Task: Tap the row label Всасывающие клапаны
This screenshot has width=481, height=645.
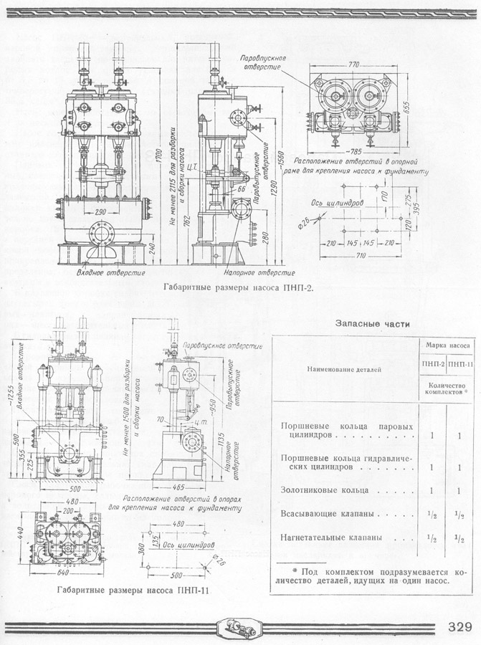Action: pos(327,514)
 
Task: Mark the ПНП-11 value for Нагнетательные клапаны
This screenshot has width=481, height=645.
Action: pos(462,537)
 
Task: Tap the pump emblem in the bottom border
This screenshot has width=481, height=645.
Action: pos(240,626)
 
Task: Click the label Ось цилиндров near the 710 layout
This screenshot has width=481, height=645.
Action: pos(339,203)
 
